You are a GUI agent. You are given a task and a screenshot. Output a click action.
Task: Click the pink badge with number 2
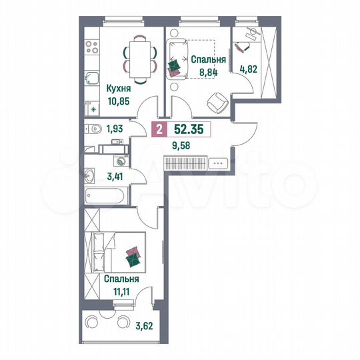[x=158, y=130]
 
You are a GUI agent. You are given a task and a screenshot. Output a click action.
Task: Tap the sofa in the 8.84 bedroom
[x=177, y=58]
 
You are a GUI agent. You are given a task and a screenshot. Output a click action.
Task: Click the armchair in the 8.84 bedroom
[x=216, y=101]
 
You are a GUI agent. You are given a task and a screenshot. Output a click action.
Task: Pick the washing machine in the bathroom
[x=120, y=161]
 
